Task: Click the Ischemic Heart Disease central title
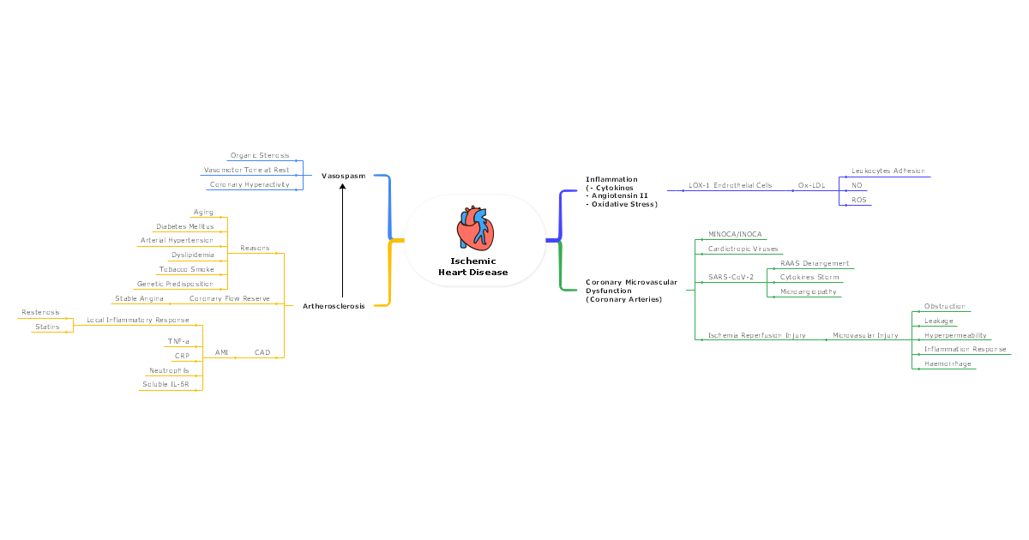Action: tap(473, 267)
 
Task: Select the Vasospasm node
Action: tap(343, 176)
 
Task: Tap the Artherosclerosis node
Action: tap(334, 306)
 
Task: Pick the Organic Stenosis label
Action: tap(260, 156)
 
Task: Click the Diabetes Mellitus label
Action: tap(184, 227)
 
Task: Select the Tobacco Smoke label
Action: tap(186, 269)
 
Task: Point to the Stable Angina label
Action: tap(139, 298)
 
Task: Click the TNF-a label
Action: tap(179, 341)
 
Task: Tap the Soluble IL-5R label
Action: tap(165, 384)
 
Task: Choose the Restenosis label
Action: tap(40, 313)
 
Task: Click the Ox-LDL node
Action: tap(812, 185)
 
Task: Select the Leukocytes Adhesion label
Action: tap(888, 171)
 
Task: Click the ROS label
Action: tap(858, 200)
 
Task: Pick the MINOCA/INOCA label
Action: tap(735, 234)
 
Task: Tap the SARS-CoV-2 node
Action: tap(731, 277)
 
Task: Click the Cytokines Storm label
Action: tap(809, 277)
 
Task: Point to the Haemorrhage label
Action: tap(948, 364)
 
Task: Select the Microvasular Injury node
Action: tap(865, 335)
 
